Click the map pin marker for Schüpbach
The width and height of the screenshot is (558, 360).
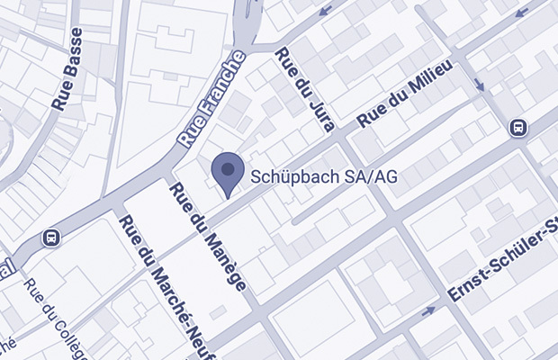click(228, 172)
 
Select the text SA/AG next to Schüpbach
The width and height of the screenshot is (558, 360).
click(371, 177)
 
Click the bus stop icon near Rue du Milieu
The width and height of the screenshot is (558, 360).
click(519, 128)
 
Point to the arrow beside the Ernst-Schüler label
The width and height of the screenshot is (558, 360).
click(427, 310)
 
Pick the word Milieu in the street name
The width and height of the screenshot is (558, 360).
click(430, 84)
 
